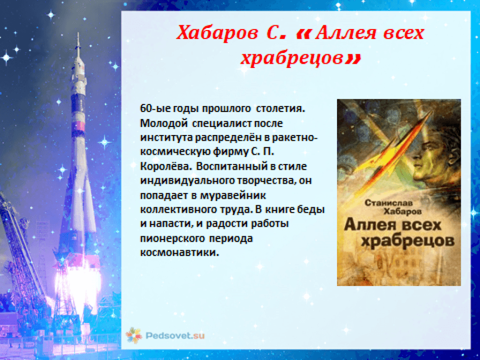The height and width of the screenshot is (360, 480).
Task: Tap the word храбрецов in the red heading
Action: point(292,58)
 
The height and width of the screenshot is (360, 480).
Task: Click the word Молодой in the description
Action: point(164,123)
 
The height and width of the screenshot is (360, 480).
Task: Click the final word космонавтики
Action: point(180,253)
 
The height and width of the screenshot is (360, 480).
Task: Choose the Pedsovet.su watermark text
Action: point(175,336)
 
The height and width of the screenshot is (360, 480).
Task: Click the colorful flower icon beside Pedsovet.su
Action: point(134,336)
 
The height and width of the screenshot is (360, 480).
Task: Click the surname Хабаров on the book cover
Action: point(402,211)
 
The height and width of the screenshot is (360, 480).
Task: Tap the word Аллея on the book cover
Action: point(369,225)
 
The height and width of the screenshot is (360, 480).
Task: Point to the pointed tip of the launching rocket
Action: point(78,33)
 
